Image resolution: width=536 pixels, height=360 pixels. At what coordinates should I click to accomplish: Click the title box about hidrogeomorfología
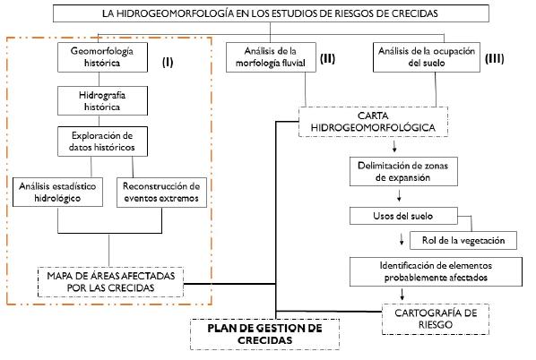[x=271, y=13]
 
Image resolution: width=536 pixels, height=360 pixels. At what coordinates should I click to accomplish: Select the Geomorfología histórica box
[x=102, y=57]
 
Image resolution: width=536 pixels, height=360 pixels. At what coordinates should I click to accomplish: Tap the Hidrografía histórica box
[x=102, y=101]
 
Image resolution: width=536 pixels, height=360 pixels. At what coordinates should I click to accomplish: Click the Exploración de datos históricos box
[x=102, y=141]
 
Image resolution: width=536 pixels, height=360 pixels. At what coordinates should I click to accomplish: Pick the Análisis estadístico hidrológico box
[x=57, y=192]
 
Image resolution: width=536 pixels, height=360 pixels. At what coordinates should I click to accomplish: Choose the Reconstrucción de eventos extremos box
[x=161, y=193]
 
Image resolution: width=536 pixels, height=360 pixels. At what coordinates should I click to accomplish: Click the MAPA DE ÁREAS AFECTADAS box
[x=111, y=282]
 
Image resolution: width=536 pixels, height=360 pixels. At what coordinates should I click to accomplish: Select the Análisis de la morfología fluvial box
[x=271, y=57]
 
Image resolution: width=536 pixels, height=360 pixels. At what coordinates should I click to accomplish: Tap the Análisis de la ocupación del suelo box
[x=427, y=57]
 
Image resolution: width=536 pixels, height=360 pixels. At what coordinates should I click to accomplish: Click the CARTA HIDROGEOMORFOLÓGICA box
[x=373, y=122]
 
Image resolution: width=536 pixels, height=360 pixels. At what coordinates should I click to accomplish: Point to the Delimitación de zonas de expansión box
[x=403, y=171]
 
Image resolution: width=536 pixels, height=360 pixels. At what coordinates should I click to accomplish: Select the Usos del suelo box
[x=403, y=216]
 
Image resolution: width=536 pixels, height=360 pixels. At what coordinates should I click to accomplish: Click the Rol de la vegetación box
[x=463, y=241]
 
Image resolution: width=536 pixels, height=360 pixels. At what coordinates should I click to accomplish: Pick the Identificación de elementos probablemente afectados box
[x=436, y=271]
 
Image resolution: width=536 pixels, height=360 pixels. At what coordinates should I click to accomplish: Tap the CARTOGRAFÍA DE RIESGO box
[x=436, y=319]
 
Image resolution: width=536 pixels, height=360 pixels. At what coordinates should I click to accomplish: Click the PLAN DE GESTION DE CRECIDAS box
[x=265, y=334]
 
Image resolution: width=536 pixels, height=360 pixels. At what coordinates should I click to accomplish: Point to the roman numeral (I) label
[x=168, y=62]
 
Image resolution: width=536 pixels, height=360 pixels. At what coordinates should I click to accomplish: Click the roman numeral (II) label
[x=327, y=58]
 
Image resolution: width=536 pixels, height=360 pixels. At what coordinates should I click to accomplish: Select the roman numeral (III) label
[x=495, y=58]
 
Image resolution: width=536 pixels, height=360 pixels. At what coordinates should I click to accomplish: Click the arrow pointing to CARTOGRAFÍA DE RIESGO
[x=402, y=295]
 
